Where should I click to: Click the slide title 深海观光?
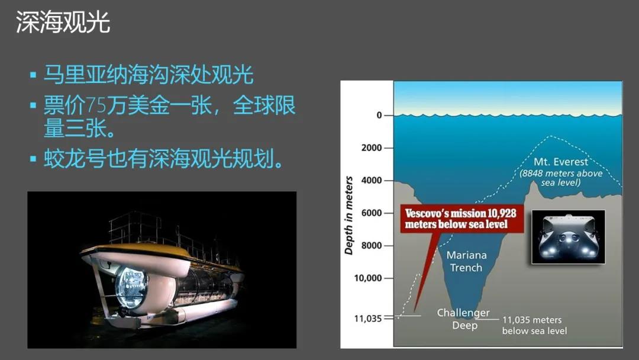63,22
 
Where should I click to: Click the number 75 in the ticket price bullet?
96,105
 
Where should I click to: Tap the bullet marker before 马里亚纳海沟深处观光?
33,75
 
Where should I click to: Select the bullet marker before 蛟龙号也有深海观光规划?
33,159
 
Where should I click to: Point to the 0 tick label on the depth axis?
379,115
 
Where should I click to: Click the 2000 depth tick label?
371,147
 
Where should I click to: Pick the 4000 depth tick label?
371,180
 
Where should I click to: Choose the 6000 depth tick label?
371,213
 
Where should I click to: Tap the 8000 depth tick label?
371,246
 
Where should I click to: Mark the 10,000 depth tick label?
368,278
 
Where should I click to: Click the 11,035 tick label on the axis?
368,319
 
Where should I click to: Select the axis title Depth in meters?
348,216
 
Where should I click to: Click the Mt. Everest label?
561,162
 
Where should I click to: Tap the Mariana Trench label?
466,261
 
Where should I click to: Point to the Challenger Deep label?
464,319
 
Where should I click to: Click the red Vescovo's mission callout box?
461,218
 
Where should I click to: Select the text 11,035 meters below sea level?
534,325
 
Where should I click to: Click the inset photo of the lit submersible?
568,237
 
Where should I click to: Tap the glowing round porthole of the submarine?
131,287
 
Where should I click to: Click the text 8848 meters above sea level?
561,178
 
